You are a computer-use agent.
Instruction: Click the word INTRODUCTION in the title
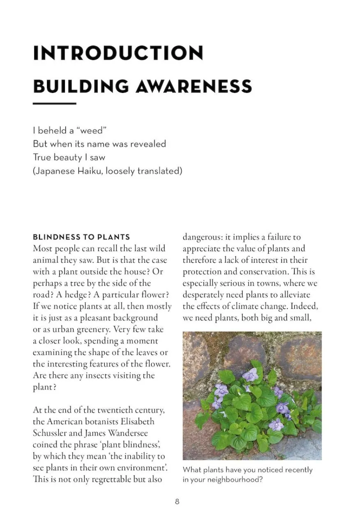tap(118, 53)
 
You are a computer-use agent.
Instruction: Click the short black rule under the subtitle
tap(54, 103)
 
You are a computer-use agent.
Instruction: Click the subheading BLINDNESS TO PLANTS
tap(81, 237)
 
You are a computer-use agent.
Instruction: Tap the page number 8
tap(177, 501)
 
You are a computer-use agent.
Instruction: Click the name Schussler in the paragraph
tap(51, 433)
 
